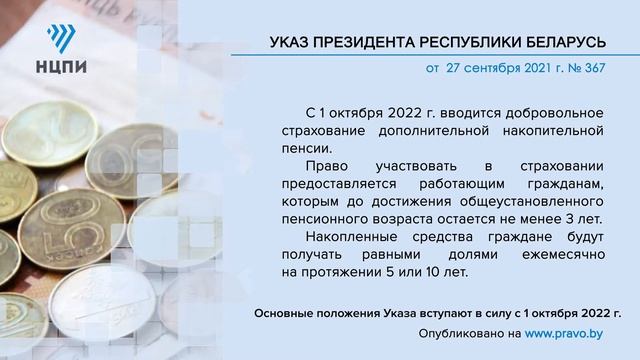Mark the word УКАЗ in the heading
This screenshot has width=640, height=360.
pyautogui.click(x=291, y=41)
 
